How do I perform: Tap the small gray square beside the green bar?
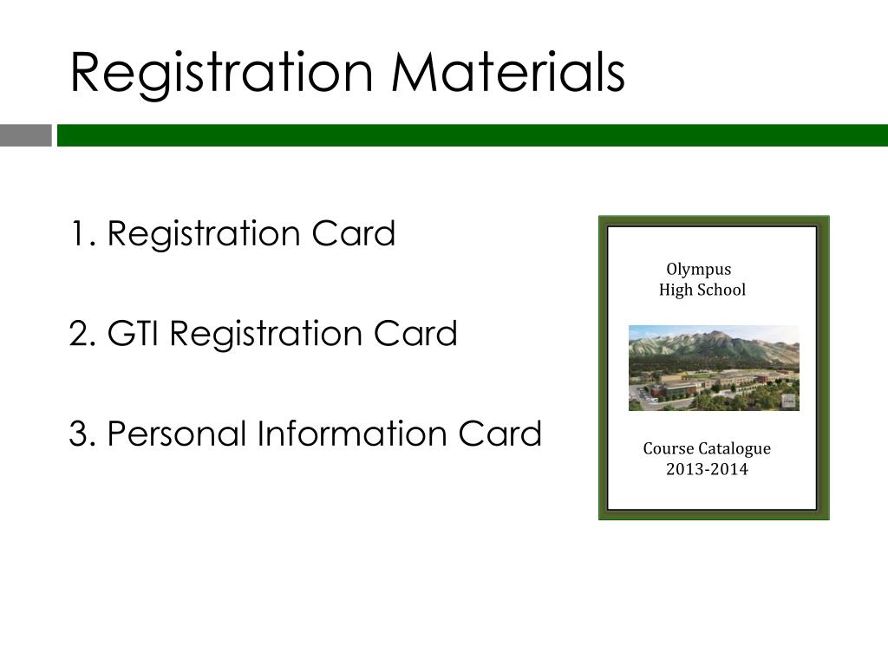coord(25,135)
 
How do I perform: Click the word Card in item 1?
coord(358,234)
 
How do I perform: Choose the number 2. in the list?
coord(84,334)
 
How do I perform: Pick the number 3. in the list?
coord(84,434)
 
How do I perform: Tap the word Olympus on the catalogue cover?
coord(698,270)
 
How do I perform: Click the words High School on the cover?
coord(702,290)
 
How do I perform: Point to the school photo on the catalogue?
coord(713,368)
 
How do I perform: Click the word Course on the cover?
coord(668,449)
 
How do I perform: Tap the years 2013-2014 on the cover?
coord(707,470)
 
